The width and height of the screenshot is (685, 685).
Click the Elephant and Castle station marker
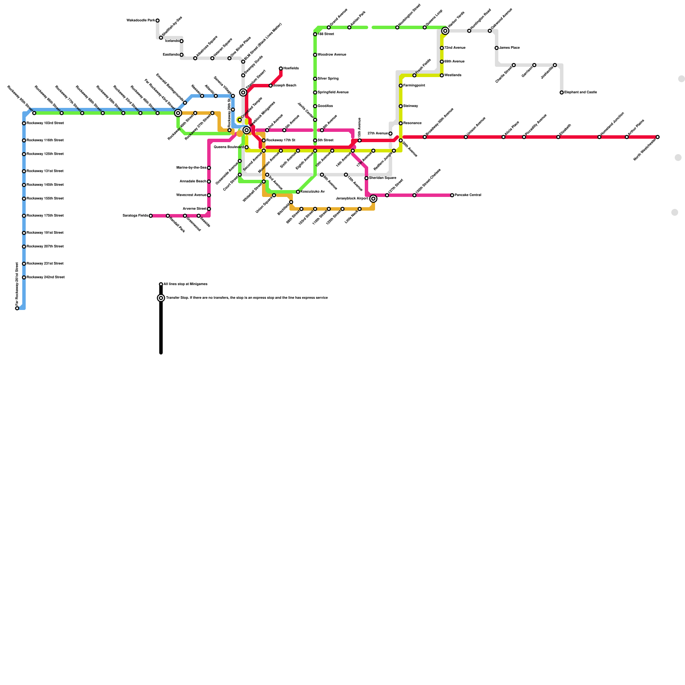click(x=562, y=92)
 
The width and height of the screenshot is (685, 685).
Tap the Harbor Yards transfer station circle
click(x=445, y=31)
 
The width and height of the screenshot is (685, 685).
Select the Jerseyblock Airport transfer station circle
click(x=373, y=199)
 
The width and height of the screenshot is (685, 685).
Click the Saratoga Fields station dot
click(x=151, y=216)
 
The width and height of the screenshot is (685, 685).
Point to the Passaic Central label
click(x=468, y=195)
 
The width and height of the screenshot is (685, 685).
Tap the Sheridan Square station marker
click(x=366, y=178)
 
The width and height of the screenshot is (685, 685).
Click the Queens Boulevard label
click(x=228, y=147)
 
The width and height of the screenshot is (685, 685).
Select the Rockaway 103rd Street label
click(x=45, y=123)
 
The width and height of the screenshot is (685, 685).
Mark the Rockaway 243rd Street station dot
click(x=24, y=277)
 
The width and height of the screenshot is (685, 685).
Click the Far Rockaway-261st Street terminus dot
click(x=17, y=308)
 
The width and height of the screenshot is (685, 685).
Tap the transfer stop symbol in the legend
click(x=161, y=298)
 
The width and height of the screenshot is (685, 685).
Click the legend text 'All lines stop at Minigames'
click(x=185, y=284)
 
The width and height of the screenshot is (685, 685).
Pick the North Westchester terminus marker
click(x=658, y=137)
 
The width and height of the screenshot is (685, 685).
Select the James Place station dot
click(x=497, y=48)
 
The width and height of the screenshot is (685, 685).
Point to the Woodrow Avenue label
click(x=332, y=55)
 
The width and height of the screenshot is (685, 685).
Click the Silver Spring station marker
click(x=315, y=79)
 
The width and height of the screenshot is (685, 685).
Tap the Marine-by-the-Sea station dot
click(x=209, y=168)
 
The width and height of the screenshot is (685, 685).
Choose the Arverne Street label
click(x=195, y=209)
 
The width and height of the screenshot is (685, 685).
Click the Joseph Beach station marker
click(x=271, y=86)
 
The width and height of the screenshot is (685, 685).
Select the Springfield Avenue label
click(x=333, y=92)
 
